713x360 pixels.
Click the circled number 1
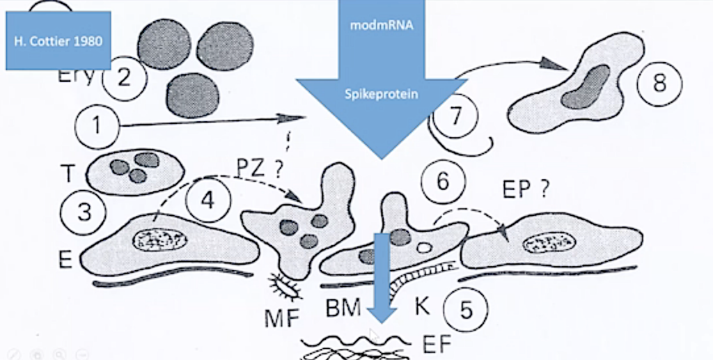point(96,126)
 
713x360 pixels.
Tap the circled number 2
point(123,77)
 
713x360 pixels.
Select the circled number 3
point(84,211)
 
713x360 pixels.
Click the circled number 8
point(659,84)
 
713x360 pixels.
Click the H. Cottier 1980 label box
point(58,40)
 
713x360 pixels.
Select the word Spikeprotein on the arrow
point(381,93)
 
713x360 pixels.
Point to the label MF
point(281,317)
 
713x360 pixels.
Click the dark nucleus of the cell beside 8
point(584,88)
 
